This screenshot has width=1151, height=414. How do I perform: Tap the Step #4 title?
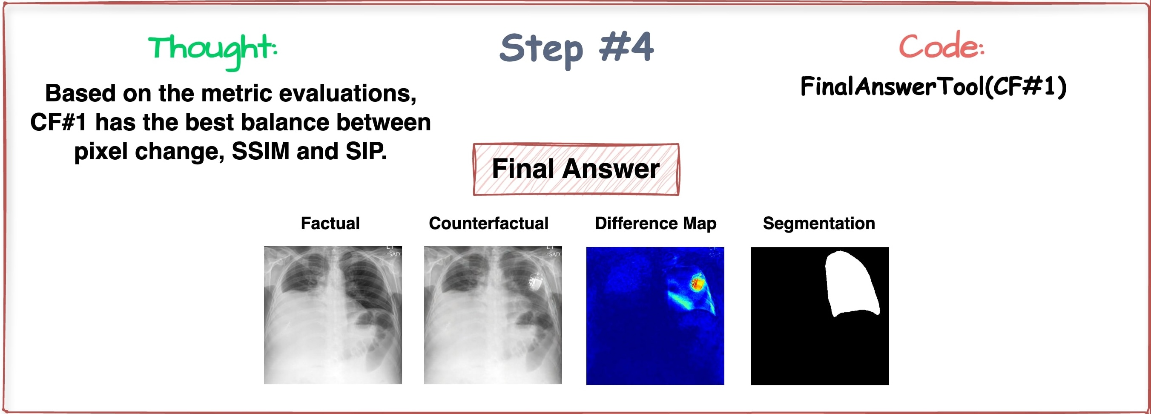[x=577, y=48]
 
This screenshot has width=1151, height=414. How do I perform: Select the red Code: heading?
[x=941, y=46]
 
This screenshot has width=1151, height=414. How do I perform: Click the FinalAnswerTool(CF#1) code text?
[x=933, y=87]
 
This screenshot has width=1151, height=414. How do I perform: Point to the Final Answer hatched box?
[x=576, y=170]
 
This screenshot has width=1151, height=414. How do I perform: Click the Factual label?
[x=330, y=223]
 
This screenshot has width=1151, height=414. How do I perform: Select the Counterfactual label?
[x=488, y=223]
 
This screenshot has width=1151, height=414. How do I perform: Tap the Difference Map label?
[x=655, y=223]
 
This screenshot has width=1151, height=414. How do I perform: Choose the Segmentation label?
[x=818, y=223]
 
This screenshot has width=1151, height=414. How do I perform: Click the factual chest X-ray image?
[x=333, y=315]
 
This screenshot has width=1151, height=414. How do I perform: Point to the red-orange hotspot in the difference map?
[x=697, y=282]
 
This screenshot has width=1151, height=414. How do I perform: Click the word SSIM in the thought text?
[x=261, y=152]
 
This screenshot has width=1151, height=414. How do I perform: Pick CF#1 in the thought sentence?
[x=58, y=123]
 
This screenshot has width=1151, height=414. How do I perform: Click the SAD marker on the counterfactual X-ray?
[x=554, y=254]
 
